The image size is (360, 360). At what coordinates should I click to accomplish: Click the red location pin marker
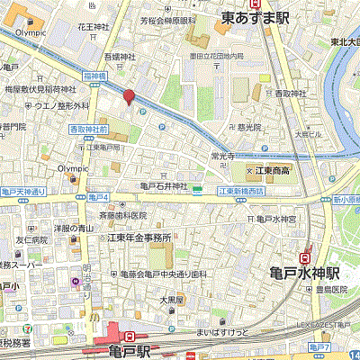[x=129, y=98]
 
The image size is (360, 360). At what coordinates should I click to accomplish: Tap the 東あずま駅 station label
[x=256, y=16]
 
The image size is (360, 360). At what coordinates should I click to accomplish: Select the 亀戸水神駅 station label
[x=304, y=271]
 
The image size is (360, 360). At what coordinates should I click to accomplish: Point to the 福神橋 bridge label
[x=94, y=76]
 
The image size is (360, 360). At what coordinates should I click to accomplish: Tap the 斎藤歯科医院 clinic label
[x=121, y=216]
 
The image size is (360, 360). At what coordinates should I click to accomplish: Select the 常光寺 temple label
[x=221, y=155]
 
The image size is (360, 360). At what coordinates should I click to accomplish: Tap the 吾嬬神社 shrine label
[x=117, y=56]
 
